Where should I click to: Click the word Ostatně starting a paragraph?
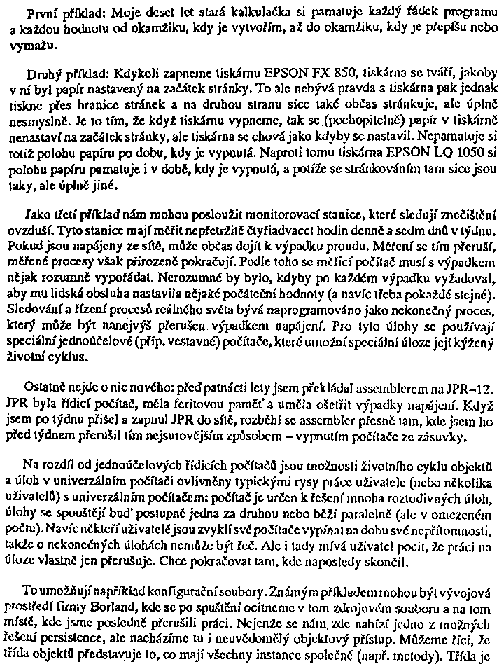[x=45, y=387]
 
